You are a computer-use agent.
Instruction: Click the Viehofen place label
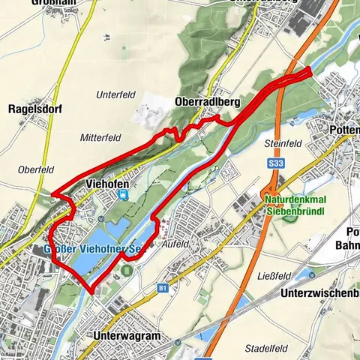coord(109,184)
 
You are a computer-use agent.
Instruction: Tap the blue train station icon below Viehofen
coord(122,195)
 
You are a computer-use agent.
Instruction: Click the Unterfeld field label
coord(113,95)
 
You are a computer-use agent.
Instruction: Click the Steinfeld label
coord(282,142)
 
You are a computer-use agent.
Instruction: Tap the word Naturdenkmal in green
coord(295,200)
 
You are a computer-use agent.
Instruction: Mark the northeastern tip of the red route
coord(310,70)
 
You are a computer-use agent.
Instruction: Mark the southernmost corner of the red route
coord(92,292)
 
